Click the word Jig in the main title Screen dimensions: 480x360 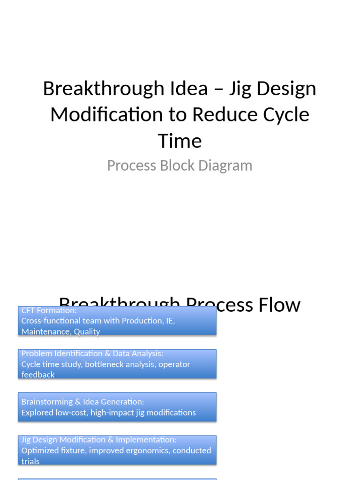click(240, 88)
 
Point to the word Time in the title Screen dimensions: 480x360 click(180, 141)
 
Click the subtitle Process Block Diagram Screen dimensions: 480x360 click(180, 165)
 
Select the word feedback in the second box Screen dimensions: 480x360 click(38, 375)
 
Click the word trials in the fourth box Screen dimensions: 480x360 click(30, 461)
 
